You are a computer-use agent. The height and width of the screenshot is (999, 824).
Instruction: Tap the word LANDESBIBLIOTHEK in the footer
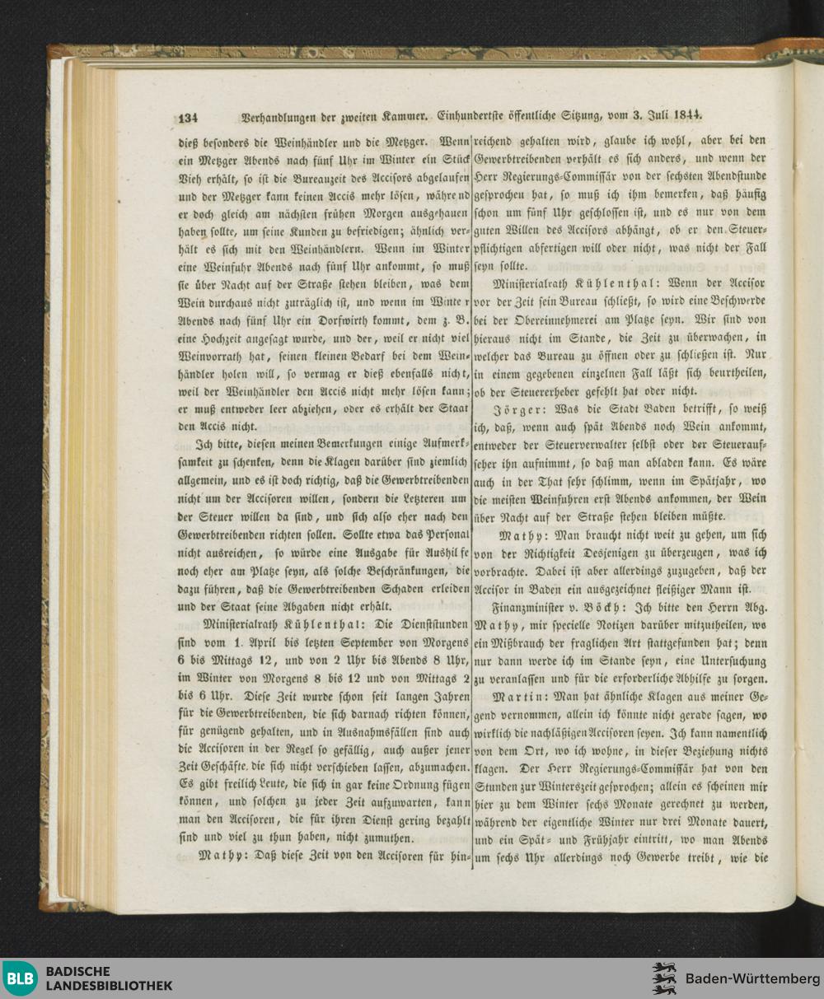point(110,986)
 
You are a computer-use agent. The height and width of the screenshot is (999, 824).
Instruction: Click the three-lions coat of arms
point(664,978)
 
